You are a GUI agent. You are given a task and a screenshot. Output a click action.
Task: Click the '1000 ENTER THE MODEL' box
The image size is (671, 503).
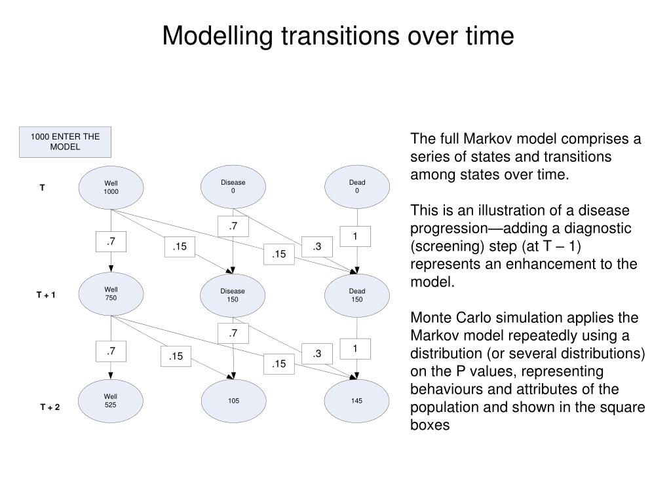coord(65,142)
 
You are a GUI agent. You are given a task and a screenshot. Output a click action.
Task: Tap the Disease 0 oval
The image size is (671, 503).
coord(233,187)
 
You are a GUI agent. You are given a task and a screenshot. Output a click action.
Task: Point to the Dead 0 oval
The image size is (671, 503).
coord(357,187)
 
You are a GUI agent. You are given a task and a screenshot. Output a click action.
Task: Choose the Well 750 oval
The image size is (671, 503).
coord(111,293)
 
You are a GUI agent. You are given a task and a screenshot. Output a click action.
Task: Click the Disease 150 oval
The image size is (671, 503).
coord(233,295)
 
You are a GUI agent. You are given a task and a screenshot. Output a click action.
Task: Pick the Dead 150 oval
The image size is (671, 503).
coord(357,295)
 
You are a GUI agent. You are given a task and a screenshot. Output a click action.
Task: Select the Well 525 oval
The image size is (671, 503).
coord(111,400)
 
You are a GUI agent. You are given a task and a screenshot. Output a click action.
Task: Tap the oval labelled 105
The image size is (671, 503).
coord(233,400)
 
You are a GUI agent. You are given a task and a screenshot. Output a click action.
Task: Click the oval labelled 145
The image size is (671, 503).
coord(357,400)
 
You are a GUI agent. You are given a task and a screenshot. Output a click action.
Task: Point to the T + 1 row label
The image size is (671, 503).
coord(46,295)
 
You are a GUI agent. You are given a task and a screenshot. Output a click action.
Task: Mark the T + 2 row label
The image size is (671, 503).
coord(50,407)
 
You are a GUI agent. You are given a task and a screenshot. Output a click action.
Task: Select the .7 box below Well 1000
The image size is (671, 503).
coord(111,242)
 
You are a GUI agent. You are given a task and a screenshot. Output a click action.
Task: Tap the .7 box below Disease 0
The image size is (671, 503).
coord(233,227)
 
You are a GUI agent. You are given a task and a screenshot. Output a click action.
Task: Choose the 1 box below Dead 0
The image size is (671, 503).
coord(355,236)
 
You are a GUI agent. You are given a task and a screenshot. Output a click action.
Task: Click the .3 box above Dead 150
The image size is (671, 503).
coord(317,246)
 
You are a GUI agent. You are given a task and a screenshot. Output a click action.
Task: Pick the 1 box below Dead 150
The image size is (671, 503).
coord(355,348)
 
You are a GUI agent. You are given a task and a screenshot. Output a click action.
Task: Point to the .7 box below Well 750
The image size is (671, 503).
coord(111,352)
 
